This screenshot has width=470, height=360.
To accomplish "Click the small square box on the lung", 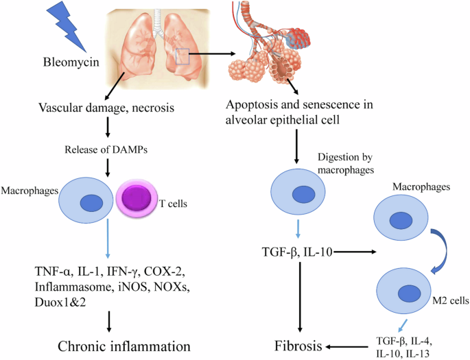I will click(x=181, y=56).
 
